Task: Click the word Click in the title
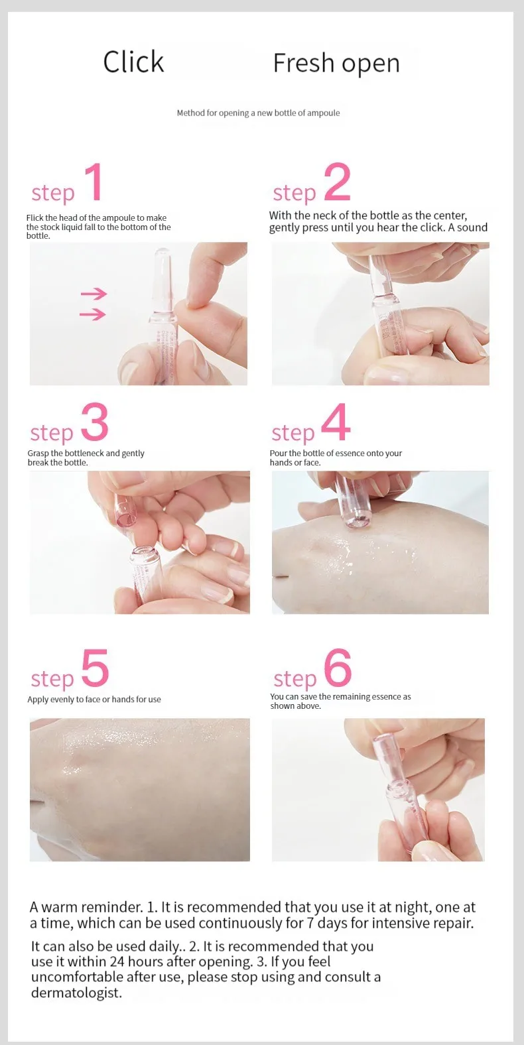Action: (133, 62)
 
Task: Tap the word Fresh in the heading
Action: (303, 63)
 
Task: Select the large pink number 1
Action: (95, 182)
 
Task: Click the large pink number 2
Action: (337, 182)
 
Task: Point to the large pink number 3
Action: (95, 422)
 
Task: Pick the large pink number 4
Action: (336, 422)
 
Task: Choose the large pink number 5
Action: (96, 668)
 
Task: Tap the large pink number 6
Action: (338, 668)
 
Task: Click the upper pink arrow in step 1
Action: (94, 294)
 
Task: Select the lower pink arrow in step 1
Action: (92, 314)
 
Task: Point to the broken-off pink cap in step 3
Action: (122, 511)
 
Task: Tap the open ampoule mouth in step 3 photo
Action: (143, 554)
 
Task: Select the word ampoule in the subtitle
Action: (324, 113)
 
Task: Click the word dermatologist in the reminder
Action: (76, 992)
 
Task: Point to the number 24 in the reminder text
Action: (117, 961)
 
